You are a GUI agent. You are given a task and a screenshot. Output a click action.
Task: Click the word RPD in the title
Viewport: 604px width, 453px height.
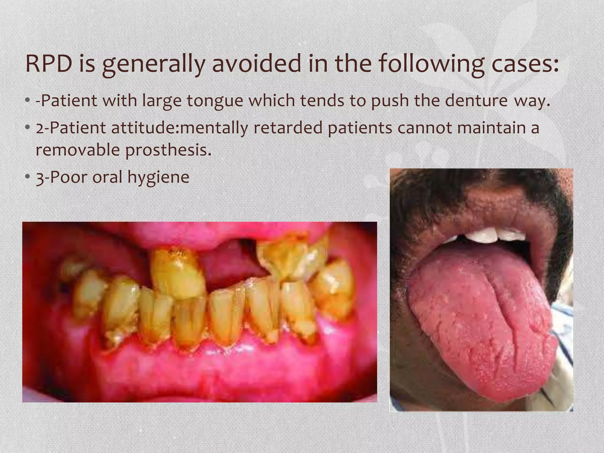(48, 64)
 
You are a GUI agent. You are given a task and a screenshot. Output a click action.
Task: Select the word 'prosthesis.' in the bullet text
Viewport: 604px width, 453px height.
(169, 150)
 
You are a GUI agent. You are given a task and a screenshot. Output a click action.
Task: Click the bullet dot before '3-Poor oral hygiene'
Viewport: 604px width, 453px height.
(27, 177)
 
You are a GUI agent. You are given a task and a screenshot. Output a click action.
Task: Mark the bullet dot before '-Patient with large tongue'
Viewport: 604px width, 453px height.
(27, 101)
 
